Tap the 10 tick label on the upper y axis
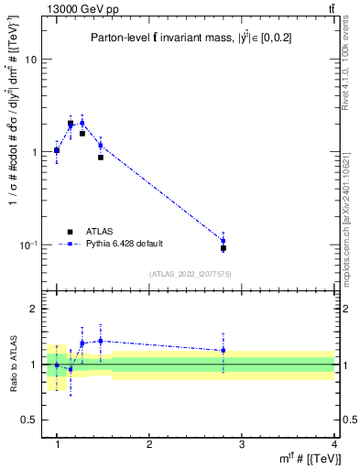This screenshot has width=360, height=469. (x=30, y=60)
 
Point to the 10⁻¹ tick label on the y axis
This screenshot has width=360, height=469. (x=28, y=245)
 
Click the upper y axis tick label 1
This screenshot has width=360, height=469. (x=35, y=152)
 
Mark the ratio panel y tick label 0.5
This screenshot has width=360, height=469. (x=30, y=420)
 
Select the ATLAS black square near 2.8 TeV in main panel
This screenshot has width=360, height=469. (x=223, y=248)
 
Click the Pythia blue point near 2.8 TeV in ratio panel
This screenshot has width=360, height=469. (x=223, y=350)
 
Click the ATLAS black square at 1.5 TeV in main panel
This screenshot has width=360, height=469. (x=101, y=158)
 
